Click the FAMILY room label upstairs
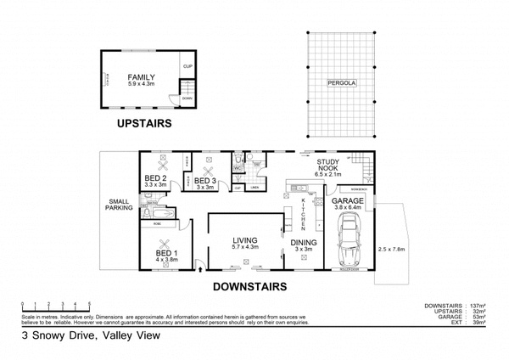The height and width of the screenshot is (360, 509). click(141, 76)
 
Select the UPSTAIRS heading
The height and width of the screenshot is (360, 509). click(143, 123)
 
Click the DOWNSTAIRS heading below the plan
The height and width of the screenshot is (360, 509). click(248, 285)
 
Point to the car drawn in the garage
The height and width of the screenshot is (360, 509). click(349, 244)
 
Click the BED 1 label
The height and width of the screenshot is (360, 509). click(165, 253)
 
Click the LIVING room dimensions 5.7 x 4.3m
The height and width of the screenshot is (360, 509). click(245, 248)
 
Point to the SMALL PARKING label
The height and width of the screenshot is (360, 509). click(118, 205)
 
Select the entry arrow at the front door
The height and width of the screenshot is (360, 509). click(199, 271)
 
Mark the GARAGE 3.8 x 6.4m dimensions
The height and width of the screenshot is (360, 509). click(350, 206)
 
